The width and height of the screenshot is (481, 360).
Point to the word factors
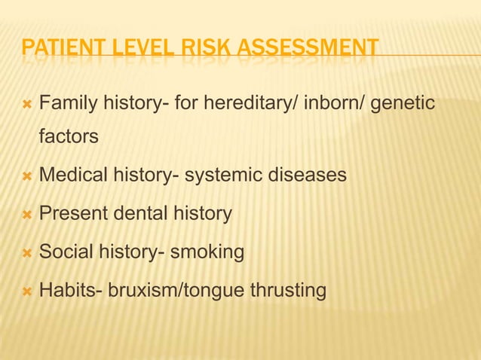click(x=69, y=138)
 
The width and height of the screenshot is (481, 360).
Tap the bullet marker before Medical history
click(x=27, y=176)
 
